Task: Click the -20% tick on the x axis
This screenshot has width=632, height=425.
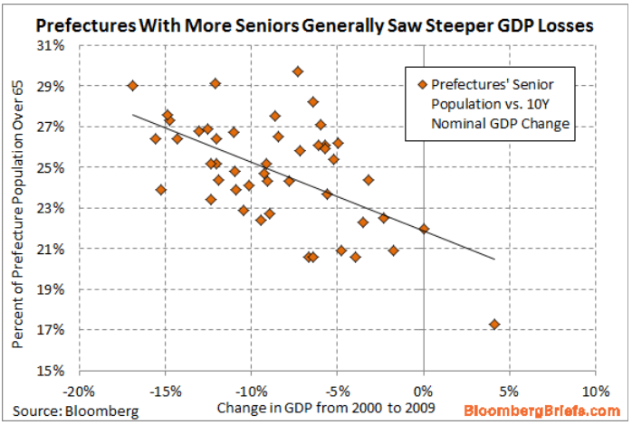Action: coord(80,391)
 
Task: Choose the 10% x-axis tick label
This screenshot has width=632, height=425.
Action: coord(594,391)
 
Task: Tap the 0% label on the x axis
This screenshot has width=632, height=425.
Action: coord(423,391)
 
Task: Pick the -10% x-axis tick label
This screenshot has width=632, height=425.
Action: coord(251,391)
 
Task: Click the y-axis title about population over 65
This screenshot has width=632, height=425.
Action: coord(18,208)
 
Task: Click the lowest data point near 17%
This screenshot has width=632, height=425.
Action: coord(494,324)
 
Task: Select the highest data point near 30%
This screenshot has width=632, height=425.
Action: coord(298,71)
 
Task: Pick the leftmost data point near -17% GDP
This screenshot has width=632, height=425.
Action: coord(133,86)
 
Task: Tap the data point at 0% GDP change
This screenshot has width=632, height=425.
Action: coord(424,229)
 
